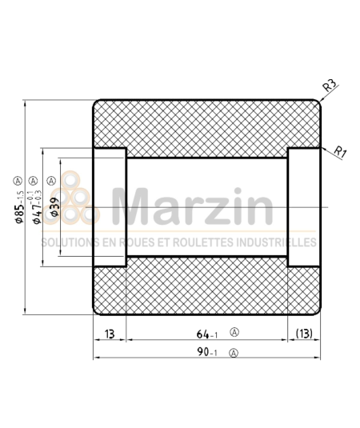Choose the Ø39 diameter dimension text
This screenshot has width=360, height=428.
click(54, 206)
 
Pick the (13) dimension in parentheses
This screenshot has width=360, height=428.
click(303, 332)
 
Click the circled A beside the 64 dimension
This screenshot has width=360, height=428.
click(234, 331)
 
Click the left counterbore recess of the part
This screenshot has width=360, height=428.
click(110, 208)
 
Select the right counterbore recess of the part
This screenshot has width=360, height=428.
click(303, 208)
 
